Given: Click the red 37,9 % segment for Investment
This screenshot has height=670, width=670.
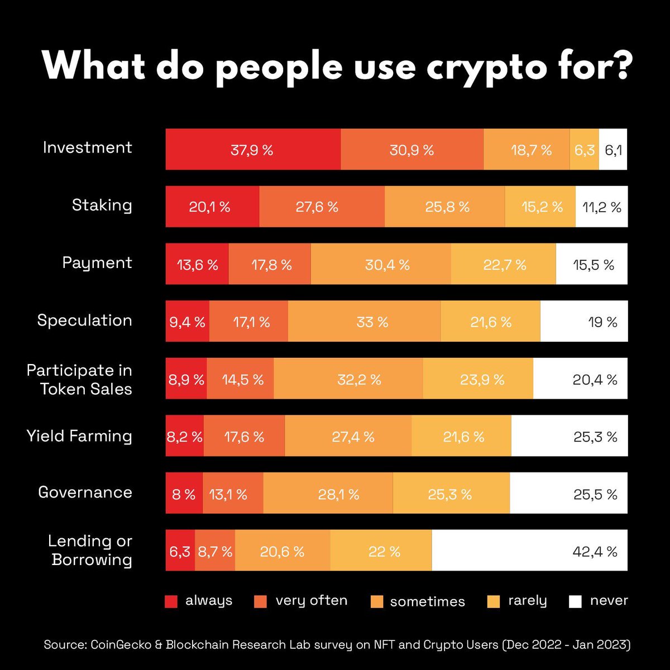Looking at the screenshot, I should click(252, 150).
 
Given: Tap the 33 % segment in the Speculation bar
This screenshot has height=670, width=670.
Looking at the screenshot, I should click(364, 322).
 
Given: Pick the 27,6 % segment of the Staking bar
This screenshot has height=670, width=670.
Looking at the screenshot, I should click(322, 207).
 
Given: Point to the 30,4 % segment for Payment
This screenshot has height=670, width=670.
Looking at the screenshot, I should click(381, 264).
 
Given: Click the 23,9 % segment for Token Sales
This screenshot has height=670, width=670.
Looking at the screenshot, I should click(478, 379).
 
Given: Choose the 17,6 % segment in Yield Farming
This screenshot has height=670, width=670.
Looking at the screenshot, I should click(244, 436).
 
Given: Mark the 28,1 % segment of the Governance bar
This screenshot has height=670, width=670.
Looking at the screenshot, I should click(328, 494).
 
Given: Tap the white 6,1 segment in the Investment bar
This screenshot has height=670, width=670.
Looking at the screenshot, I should click(613, 150).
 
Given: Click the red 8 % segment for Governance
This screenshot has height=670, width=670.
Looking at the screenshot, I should click(184, 494).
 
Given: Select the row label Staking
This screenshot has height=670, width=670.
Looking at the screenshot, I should click(102, 205).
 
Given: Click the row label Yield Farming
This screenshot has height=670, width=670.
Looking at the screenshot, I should click(79, 435).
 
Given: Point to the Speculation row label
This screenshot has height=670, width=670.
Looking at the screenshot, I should click(84, 320).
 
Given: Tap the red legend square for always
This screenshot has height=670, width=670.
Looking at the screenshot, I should click(171, 601).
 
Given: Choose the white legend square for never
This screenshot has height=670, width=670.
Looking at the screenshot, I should click(575, 601).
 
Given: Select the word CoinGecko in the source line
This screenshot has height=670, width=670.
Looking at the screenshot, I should click(116, 645).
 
